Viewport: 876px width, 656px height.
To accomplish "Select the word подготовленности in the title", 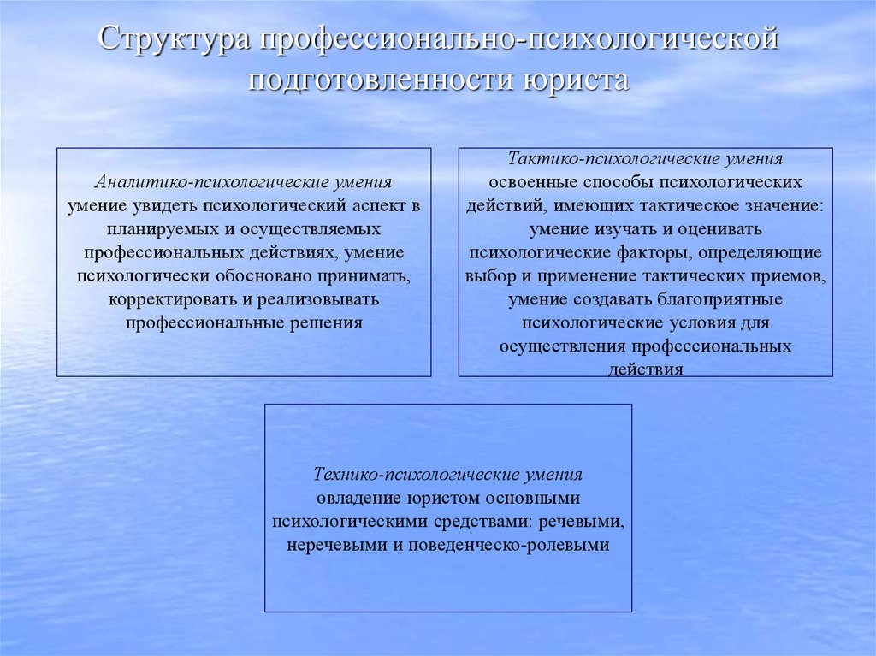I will pyautogui.click(x=376, y=81).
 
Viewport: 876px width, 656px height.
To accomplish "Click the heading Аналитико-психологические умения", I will pyautogui.click(x=244, y=183).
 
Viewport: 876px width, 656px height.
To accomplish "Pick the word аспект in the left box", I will pyautogui.click(x=377, y=206).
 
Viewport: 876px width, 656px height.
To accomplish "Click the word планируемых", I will pyautogui.click(x=157, y=230).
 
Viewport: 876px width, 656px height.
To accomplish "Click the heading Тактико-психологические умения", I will pyautogui.click(x=645, y=159).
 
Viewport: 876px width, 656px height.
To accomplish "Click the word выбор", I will pyautogui.click(x=488, y=276).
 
